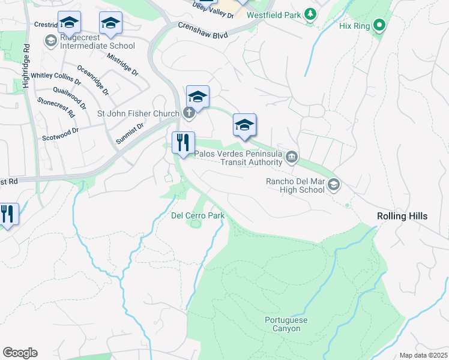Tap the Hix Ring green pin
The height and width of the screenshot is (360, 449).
pos(379,26)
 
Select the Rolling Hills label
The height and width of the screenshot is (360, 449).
pos(402,215)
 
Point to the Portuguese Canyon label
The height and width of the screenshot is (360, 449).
pos(286,324)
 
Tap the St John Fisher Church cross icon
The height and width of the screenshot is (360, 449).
pos(188,113)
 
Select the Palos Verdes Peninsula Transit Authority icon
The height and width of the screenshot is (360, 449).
pos(291,158)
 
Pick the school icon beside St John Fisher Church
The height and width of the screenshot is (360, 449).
pos(197,96)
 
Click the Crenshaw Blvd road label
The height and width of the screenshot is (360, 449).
pos(203,31)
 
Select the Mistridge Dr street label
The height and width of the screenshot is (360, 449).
pos(122,64)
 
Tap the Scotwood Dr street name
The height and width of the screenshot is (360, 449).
pos(60,134)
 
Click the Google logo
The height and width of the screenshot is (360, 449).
pos(20,353)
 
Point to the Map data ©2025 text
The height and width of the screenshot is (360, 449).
pos(423,355)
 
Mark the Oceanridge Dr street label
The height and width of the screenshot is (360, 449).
pos(93,81)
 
